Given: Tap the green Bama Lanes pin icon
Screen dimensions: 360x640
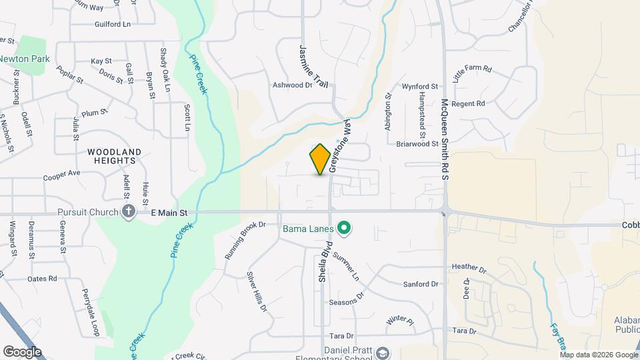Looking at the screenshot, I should click(x=344, y=229).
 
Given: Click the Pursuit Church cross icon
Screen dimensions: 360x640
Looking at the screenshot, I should click(x=129, y=212).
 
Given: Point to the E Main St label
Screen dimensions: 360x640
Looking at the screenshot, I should click(x=170, y=212).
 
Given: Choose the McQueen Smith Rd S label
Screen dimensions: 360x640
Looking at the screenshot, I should click(x=445, y=139).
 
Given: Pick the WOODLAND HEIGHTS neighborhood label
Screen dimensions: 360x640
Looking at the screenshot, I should click(x=114, y=157).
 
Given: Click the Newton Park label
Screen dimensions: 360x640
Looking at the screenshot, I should click(x=25, y=59).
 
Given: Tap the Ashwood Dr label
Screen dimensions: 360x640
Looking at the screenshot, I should click(x=292, y=85).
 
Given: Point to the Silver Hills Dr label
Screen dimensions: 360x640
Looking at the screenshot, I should click(x=257, y=292).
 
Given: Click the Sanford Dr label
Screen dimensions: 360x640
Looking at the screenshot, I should click(x=421, y=284).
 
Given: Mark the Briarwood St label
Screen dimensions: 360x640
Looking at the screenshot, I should click(x=417, y=143).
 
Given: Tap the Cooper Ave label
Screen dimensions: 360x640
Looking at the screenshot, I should click(x=61, y=175).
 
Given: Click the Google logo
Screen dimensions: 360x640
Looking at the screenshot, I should click(x=22, y=351).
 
